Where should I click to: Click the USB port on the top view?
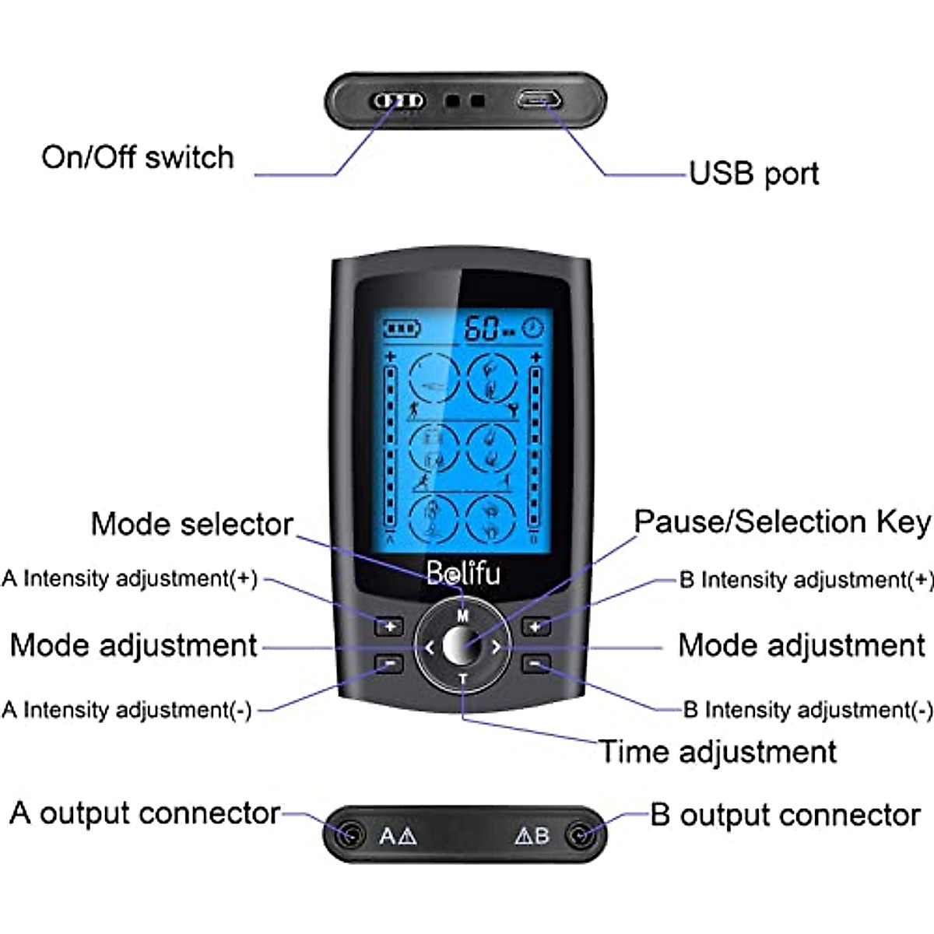[539, 100]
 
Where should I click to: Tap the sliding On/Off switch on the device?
[398, 101]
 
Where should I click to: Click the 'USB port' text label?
[753, 174]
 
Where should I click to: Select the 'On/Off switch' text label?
[138, 157]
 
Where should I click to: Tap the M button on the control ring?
[463, 616]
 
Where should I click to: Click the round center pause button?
[462, 646]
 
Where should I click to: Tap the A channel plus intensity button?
[389, 626]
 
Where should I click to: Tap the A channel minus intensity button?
[389, 664]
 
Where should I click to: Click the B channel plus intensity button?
[535, 626]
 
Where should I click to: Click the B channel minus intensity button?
[535, 664]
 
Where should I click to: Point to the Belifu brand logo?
[463, 574]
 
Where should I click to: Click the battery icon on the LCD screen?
[402, 328]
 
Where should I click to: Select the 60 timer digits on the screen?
[482, 328]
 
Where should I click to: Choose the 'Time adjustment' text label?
[718, 752]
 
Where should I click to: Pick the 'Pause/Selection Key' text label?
[781, 522]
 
